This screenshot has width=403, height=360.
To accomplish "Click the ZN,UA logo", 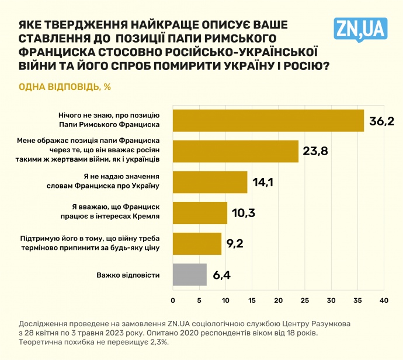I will click(360, 28).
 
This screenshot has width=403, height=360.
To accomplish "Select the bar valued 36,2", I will click(268, 120).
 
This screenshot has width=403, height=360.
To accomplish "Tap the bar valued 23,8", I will click(235, 151).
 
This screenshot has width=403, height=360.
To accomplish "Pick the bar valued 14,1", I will click(210, 182).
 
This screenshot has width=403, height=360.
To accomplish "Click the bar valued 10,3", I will click(200, 213).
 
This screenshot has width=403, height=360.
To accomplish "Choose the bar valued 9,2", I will click(197, 243).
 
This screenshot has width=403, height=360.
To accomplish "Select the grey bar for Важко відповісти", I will click(190, 274).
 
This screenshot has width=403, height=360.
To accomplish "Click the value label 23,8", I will click(315, 152).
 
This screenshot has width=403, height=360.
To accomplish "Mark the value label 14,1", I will click(263, 183).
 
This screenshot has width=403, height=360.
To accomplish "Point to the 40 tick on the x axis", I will click(384, 300).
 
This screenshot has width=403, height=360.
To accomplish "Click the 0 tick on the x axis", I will click(173, 300).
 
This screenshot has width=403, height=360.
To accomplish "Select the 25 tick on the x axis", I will click(305, 300).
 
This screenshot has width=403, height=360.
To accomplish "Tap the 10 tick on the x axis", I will click(225, 300).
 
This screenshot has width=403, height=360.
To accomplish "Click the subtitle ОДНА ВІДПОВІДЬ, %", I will click(65, 87).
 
